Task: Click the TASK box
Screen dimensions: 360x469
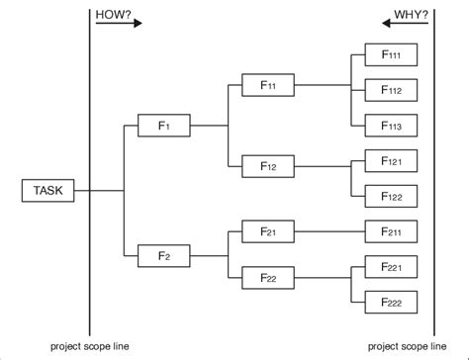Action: click(47, 190)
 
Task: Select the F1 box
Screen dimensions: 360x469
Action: click(164, 127)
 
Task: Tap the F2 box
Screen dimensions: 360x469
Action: click(164, 255)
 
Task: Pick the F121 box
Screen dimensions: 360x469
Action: click(390, 159)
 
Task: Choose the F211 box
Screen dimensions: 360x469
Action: click(390, 232)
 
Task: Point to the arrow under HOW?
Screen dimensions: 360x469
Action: click(118, 24)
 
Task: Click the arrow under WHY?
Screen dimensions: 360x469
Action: click(405, 24)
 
